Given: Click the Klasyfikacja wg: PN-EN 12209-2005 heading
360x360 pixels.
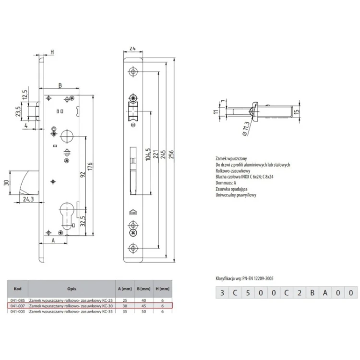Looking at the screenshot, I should [x=244, y=278].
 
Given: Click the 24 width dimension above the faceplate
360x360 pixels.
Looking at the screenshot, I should [x=132, y=48].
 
